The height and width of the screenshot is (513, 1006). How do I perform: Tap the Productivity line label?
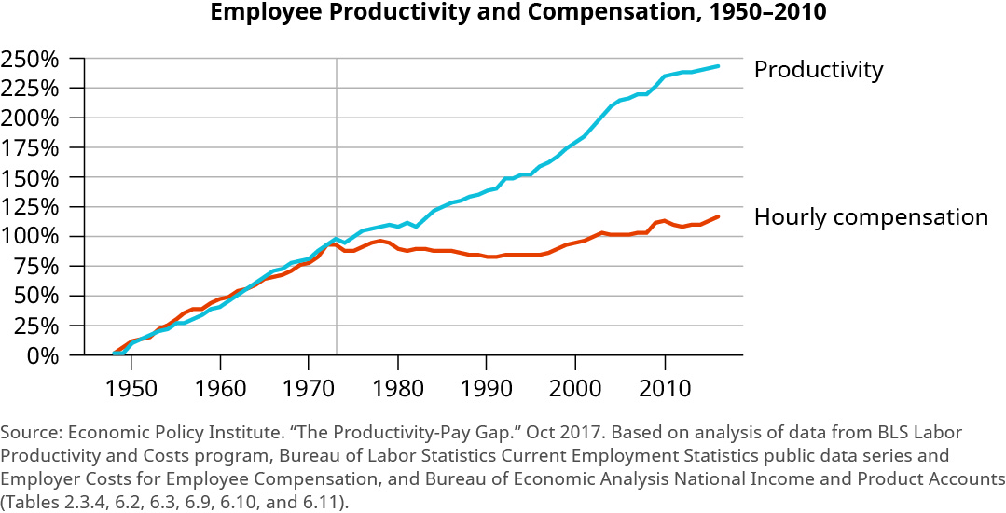tap(818, 70)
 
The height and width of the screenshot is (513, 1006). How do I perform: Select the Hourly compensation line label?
tap(870, 217)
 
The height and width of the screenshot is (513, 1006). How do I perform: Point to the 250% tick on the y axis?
tap(31, 59)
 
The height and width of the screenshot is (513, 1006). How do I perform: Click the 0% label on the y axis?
tap(43, 355)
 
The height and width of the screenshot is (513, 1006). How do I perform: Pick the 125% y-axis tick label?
tap(31, 207)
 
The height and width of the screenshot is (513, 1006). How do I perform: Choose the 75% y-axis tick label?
tap(36, 267)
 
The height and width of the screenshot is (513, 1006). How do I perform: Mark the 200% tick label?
tap(31, 118)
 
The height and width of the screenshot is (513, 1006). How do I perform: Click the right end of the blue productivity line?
tap(717, 66)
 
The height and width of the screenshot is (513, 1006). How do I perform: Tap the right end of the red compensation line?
tap(717, 216)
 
